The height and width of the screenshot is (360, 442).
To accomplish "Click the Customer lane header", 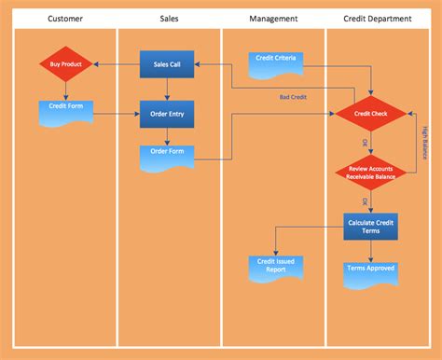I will (x=65, y=18).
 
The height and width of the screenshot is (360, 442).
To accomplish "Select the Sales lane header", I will (x=169, y=18).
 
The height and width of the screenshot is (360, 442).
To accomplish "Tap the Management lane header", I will (x=273, y=18).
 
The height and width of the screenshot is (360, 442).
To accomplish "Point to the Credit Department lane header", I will (x=377, y=18).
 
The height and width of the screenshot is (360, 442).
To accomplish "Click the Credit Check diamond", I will (x=370, y=114).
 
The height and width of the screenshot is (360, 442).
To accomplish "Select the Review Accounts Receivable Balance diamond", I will (x=370, y=172).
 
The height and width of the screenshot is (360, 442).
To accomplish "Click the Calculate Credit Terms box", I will (x=370, y=226).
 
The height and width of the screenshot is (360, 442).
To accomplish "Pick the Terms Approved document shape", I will (x=370, y=270).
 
